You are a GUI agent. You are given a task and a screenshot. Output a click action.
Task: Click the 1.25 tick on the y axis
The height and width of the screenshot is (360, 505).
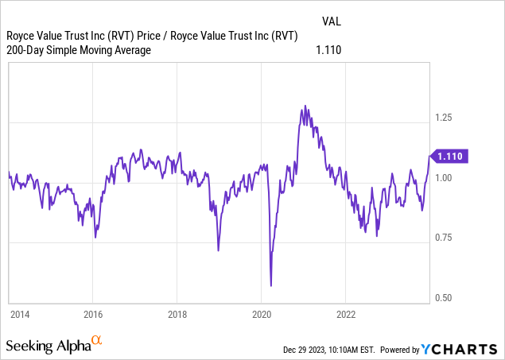[443, 118]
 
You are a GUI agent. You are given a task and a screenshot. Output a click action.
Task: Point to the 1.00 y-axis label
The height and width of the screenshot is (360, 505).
[443, 178]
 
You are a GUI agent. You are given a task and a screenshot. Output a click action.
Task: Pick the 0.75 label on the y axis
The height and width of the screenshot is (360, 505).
[443, 238]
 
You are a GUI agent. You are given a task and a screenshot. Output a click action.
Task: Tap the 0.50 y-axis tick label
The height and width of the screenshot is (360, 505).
[443, 298]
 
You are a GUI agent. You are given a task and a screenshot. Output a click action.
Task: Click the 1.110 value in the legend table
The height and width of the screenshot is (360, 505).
[328, 50]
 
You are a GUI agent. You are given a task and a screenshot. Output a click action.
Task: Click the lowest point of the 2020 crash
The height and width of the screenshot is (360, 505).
[271, 285]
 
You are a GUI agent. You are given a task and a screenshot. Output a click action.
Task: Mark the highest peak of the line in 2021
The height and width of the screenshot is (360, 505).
[303, 106]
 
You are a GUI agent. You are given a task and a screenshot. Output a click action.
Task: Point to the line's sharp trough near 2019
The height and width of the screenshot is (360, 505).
[219, 250]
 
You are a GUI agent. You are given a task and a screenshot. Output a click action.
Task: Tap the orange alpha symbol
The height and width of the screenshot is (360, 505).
[96, 341]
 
